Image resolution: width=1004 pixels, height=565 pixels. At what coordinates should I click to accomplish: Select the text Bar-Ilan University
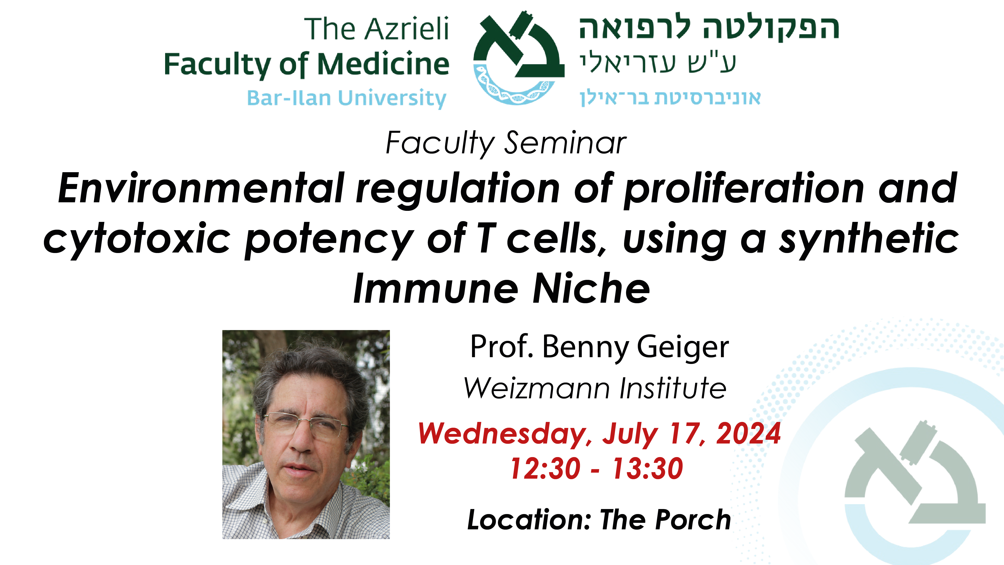(347, 98)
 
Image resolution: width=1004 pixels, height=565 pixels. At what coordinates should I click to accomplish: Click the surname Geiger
(683, 347)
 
